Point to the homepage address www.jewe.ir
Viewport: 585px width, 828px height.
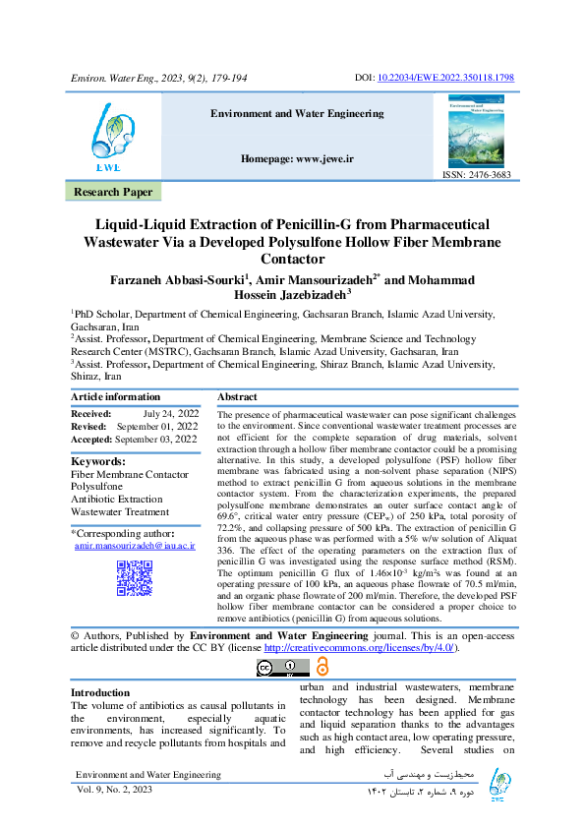click(x=297, y=158)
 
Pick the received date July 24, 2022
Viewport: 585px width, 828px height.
click(x=170, y=415)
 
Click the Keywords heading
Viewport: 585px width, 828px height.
click(x=98, y=460)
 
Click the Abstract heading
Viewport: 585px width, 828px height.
click(x=237, y=395)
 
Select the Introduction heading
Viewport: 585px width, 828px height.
click(x=100, y=692)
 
